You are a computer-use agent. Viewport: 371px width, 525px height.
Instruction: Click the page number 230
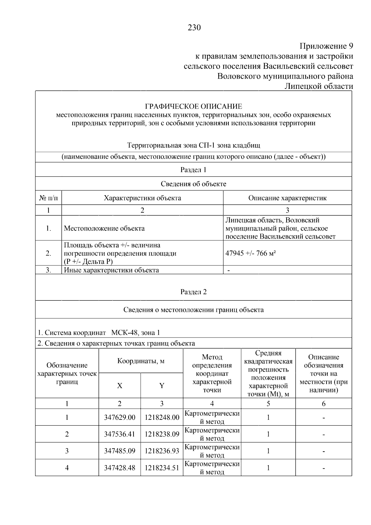point(194,28)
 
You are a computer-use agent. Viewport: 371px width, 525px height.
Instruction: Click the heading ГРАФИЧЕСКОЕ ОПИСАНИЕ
point(194,107)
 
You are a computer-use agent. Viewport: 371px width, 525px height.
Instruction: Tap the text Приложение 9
point(326,46)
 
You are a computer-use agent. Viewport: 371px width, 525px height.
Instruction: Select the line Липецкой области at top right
point(318,86)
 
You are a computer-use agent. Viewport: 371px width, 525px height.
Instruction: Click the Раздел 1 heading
point(193,170)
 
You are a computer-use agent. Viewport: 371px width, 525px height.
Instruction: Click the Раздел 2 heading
point(193,292)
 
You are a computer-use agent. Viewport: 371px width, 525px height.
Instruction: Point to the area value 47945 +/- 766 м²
point(250,253)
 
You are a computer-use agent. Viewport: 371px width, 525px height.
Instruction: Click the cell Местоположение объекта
point(104,229)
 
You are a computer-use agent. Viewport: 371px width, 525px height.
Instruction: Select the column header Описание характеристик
point(287,198)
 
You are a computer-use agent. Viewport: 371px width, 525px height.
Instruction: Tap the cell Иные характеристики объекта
point(111,270)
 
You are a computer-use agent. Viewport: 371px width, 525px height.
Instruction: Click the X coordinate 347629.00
point(120,418)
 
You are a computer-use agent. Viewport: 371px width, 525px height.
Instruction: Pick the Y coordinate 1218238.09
point(162,434)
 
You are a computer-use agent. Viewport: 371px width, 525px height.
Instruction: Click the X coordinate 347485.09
point(120,451)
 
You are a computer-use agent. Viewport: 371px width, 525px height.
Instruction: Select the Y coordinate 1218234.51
point(162,468)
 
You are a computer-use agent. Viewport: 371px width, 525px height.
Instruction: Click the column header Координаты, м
point(141,361)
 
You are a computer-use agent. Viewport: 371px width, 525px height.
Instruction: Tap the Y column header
point(162,386)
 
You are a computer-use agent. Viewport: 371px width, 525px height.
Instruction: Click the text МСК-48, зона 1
point(135,333)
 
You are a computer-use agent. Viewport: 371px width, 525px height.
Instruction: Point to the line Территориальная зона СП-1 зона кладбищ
point(194,145)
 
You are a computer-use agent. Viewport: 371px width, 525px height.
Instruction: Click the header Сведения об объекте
point(194,184)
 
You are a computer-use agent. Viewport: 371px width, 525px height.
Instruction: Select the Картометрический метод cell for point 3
point(212,451)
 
